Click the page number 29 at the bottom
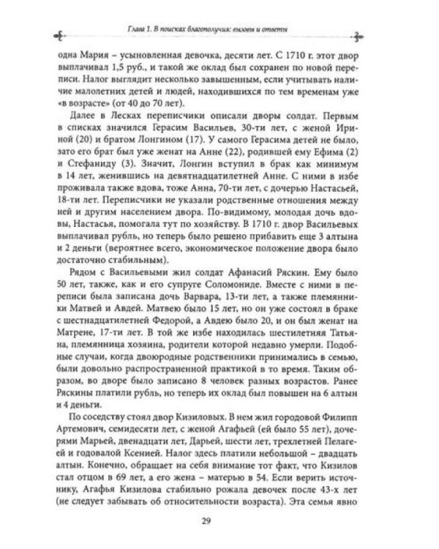(219, 521)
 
